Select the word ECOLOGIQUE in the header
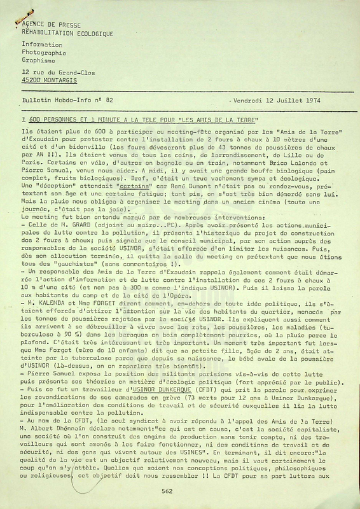point(92,32)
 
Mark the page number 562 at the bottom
point(167,490)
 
